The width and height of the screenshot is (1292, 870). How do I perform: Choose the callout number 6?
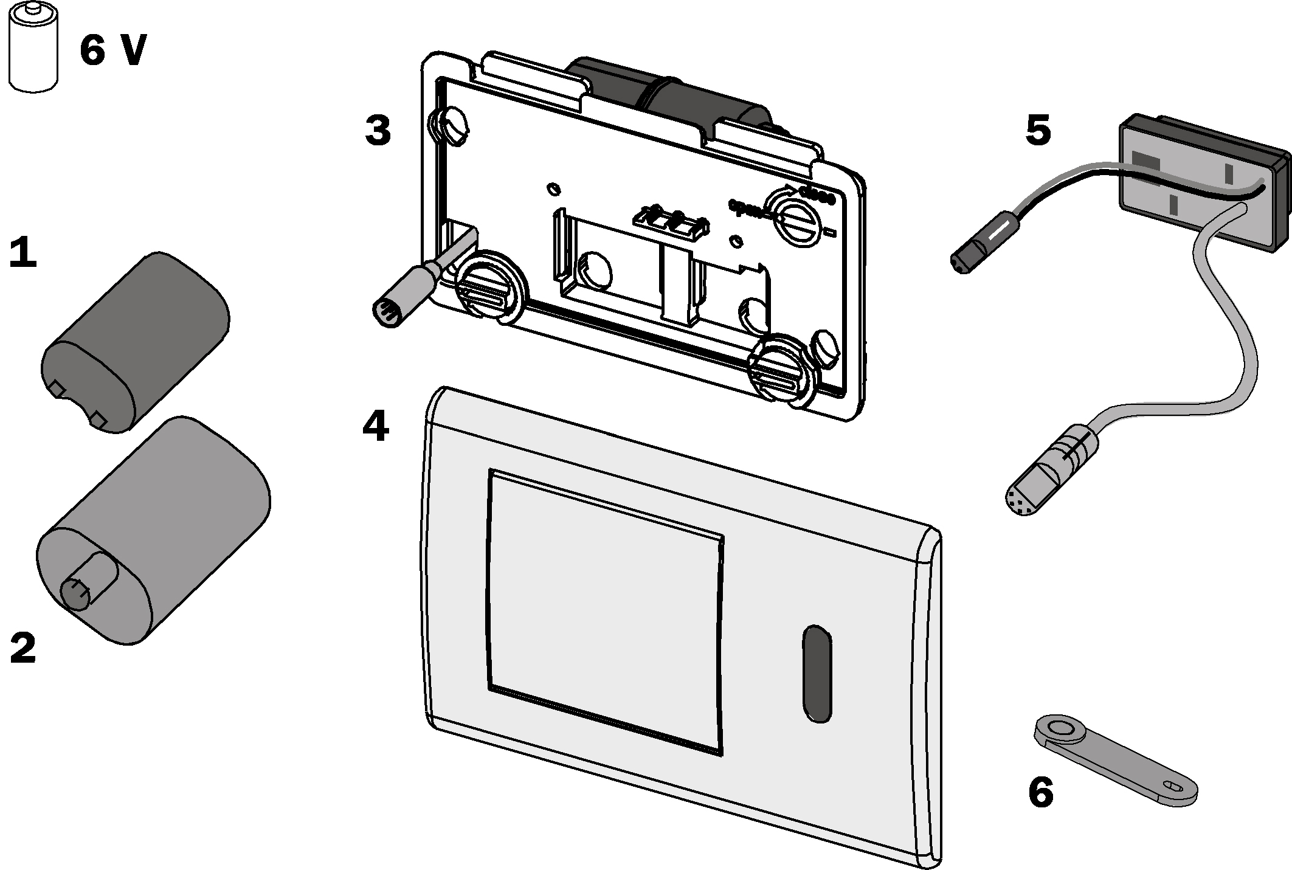click(1040, 792)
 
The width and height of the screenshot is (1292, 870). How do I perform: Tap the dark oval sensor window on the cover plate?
click(817, 673)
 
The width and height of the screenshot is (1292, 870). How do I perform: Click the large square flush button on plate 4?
click(605, 611)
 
